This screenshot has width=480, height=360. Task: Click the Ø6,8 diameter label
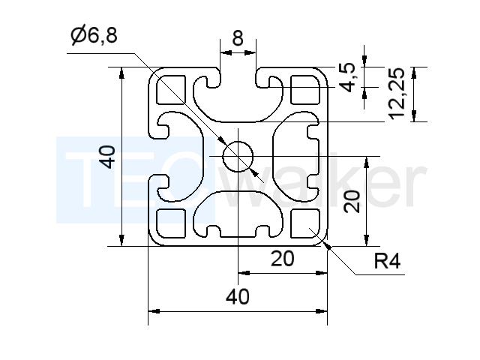click(94, 35)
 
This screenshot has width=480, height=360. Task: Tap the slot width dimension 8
click(238, 38)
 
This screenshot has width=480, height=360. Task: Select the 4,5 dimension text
click(349, 77)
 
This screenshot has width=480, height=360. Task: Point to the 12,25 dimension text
click(397, 93)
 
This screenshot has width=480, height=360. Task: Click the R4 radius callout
click(387, 261)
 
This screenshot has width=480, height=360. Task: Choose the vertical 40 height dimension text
click(108, 157)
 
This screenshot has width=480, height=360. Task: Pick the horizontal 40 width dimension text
click(238, 297)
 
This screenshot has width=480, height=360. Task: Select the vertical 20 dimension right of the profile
click(352, 201)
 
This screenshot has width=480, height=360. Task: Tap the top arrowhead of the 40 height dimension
click(121, 73)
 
